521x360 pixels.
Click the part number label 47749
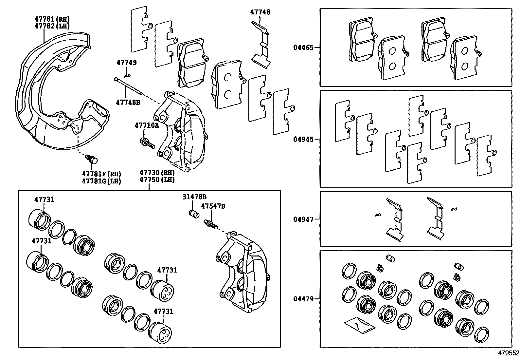pyautogui.click(x=127, y=63)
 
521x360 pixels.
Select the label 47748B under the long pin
pyautogui.click(x=128, y=103)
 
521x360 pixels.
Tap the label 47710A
pyautogui.click(x=147, y=125)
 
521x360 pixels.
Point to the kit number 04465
pyautogui.click(x=303, y=48)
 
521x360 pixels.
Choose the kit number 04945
pyautogui.click(x=303, y=139)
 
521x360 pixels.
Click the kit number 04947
pyautogui.click(x=303, y=219)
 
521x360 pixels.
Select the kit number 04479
pyautogui.click(x=303, y=299)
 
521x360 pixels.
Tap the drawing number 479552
pyautogui.click(x=508, y=353)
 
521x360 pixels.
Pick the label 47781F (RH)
pyautogui.click(x=101, y=174)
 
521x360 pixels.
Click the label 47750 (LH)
pyautogui.click(x=157, y=180)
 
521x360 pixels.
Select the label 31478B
pyautogui.click(x=194, y=197)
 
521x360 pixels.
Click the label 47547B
pyautogui.click(x=213, y=206)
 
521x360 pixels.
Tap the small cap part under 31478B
pyautogui.click(x=195, y=214)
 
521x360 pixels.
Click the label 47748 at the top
pyautogui.click(x=260, y=12)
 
